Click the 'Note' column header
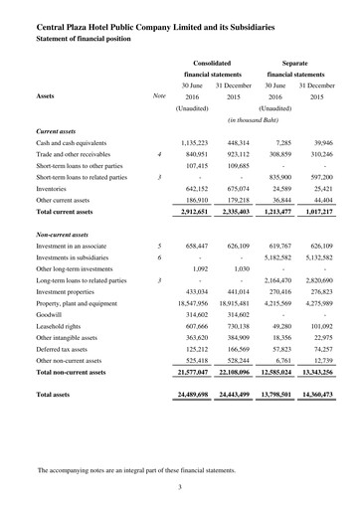tap(158, 97)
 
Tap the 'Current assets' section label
tap(61, 130)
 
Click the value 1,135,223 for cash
tap(202, 144)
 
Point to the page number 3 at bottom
tap(179, 486)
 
